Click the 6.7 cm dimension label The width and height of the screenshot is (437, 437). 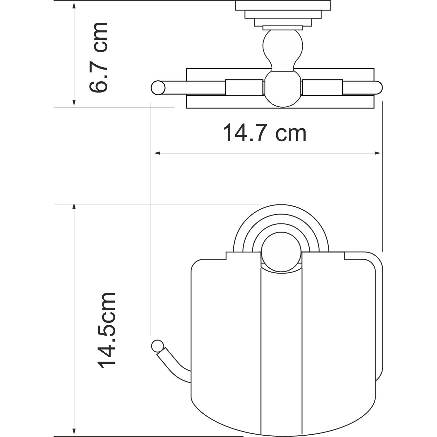(98, 58)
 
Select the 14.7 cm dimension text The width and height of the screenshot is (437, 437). (264, 133)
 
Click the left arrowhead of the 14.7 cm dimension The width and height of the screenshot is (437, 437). (157, 153)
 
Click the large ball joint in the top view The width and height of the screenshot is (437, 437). (282, 89)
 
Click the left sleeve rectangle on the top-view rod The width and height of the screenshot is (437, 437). (244, 87)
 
